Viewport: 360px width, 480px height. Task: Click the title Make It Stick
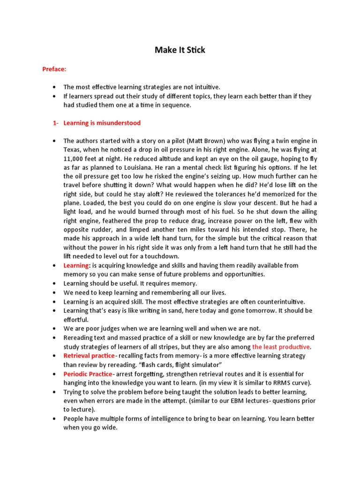point(180,50)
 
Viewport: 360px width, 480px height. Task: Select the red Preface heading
point(54,69)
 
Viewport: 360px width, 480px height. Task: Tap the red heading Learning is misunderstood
point(102,123)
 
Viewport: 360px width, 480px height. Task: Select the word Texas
point(73,150)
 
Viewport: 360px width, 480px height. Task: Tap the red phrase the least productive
point(281,347)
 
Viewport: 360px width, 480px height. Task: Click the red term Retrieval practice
point(89,356)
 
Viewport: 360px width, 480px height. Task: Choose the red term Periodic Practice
point(88,374)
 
